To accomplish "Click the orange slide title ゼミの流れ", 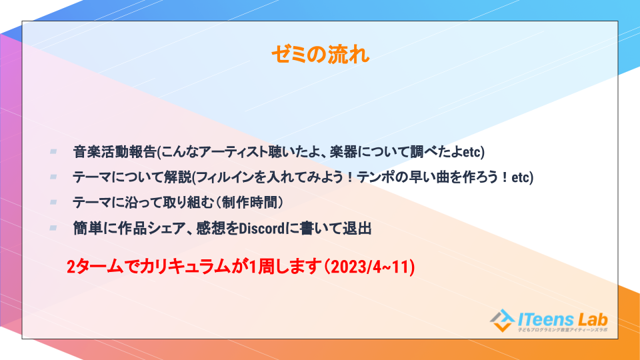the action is coord(321,55).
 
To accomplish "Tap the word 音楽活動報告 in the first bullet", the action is coord(115,152).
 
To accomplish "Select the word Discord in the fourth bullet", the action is coord(261,229).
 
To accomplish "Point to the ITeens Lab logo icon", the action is coord(502,321).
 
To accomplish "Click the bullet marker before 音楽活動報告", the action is coord(53,152).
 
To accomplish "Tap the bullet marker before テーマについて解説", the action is coord(53,177).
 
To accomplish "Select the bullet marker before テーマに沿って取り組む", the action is coord(53,203).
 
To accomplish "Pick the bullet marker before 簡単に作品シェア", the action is coord(53,228).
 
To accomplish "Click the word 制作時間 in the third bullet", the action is coord(250,203).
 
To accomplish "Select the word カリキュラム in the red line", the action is coord(185,267).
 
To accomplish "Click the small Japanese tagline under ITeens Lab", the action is coord(563,330).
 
